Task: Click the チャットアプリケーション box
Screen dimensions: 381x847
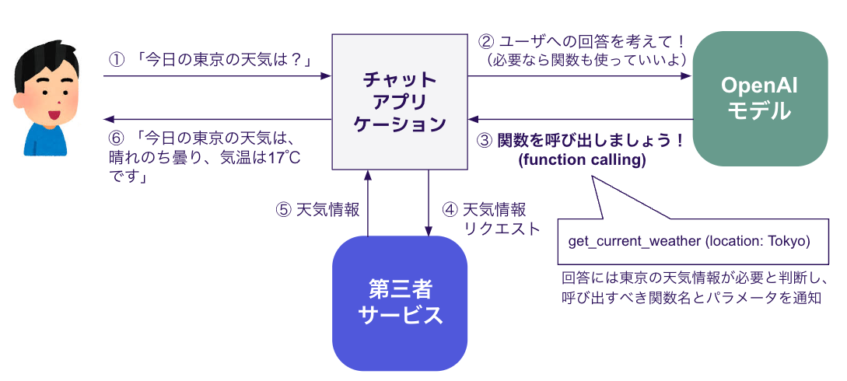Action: pos(400,102)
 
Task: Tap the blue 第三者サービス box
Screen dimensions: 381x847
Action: pos(400,303)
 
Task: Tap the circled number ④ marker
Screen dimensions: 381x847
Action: pos(450,210)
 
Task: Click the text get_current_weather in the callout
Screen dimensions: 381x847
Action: pos(634,241)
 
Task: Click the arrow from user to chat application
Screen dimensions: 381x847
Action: pos(218,75)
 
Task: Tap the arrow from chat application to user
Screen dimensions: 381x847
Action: pos(218,120)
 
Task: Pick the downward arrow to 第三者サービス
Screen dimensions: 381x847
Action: pos(429,202)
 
